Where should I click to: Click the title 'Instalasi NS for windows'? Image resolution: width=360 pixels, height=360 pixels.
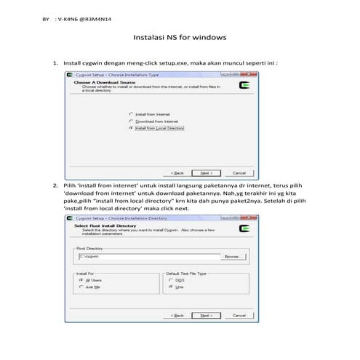point(180,36)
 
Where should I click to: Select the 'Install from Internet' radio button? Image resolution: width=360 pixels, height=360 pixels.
point(132,114)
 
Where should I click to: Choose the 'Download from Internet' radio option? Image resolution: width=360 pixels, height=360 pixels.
point(132,121)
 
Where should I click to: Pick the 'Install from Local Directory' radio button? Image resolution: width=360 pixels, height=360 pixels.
point(132,127)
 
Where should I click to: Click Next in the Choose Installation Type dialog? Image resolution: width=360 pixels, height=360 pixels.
point(207,173)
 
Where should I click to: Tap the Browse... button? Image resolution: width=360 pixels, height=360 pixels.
point(232,256)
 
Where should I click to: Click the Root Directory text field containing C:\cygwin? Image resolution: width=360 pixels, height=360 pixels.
point(148,256)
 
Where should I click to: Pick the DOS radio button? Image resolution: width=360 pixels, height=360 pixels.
point(171,279)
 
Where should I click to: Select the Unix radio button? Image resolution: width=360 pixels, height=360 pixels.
point(171,287)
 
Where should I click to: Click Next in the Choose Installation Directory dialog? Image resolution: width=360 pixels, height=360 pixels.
point(207,316)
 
